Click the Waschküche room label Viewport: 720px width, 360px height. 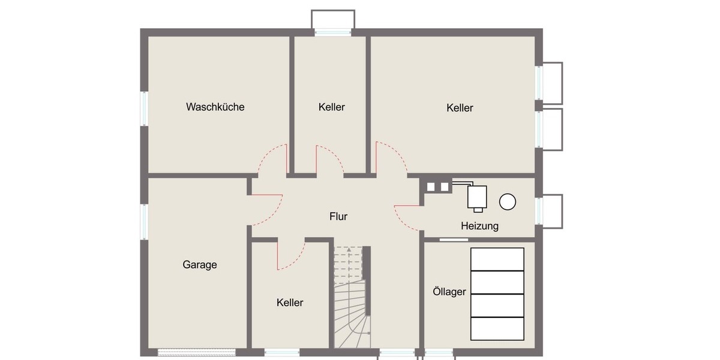coord(215,107)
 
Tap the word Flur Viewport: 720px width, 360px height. coord(338,217)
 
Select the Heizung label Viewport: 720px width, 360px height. coord(479,226)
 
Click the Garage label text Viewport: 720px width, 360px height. coord(200,265)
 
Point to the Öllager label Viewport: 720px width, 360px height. coord(449,292)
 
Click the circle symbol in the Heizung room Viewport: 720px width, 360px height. coord(508,202)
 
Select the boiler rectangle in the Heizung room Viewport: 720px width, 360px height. coord(478,197)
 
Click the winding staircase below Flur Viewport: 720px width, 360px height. coord(351,312)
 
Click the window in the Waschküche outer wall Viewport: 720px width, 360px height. coord(144,108)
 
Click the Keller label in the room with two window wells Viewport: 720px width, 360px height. coord(460,108)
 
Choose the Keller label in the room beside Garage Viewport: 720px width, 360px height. coord(290,303)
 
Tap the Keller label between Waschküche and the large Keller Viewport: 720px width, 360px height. coord(332,107)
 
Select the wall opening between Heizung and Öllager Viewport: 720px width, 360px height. coord(454,239)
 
